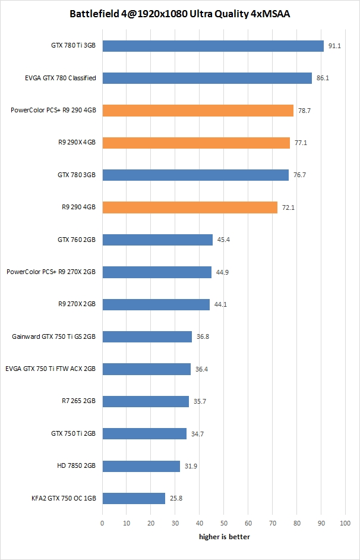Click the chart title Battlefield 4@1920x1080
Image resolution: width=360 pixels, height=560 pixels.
click(179, 13)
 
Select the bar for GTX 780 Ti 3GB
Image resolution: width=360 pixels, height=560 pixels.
click(213, 46)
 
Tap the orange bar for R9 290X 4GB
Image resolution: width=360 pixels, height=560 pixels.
click(196, 143)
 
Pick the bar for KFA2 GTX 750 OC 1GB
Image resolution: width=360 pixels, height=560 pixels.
click(134, 498)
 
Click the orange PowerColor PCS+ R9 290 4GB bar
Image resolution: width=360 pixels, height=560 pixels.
click(198, 111)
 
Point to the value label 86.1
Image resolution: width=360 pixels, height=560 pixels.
click(323, 78)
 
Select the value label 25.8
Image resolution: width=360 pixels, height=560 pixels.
click(176, 498)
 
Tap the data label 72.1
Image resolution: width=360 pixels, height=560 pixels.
click(289, 207)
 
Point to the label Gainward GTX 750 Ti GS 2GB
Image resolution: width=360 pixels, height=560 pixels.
click(53, 336)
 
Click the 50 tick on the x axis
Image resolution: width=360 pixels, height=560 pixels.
click(223, 523)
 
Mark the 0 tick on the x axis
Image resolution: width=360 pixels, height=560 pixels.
click(102, 523)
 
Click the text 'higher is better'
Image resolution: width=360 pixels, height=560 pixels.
click(224, 537)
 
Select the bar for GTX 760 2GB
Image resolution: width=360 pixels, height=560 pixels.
click(157, 240)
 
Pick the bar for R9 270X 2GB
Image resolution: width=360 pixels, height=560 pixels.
click(156, 304)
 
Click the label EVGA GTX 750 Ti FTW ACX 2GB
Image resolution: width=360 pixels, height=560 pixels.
click(50, 369)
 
